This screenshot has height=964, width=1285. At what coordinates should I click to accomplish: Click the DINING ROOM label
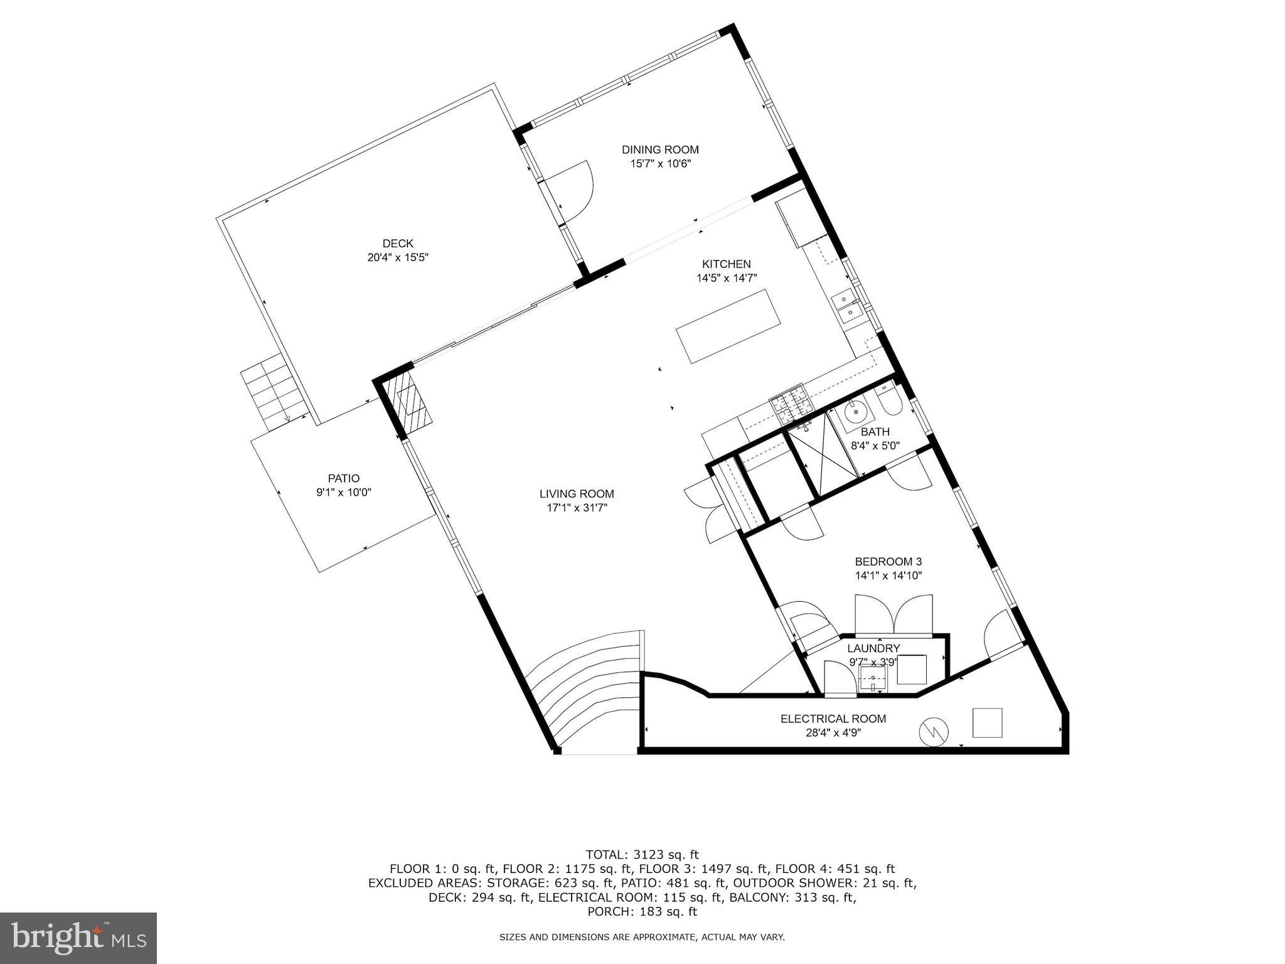coord(660,149)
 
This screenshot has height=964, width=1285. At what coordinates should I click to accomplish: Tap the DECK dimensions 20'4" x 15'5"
coord(398,257)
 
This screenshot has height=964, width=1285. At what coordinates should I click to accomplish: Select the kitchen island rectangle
coord(729,326)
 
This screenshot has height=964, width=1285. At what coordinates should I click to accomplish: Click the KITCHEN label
coord(726,264)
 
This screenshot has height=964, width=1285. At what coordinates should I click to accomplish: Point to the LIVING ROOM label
coord(577,494)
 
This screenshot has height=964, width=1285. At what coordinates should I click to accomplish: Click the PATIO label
coord(344,479)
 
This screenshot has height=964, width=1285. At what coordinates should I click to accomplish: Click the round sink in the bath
coord(856,413)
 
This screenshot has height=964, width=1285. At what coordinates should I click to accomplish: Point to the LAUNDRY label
coord(873,648)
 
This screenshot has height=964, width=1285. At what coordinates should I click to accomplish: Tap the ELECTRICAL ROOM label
coord(833,719)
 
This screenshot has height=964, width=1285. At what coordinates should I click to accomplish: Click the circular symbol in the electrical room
coord(934,732)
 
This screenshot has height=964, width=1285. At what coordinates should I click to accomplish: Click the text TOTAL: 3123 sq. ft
coord(642,854)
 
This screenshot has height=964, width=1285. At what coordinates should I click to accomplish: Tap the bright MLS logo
coord(78,938)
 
